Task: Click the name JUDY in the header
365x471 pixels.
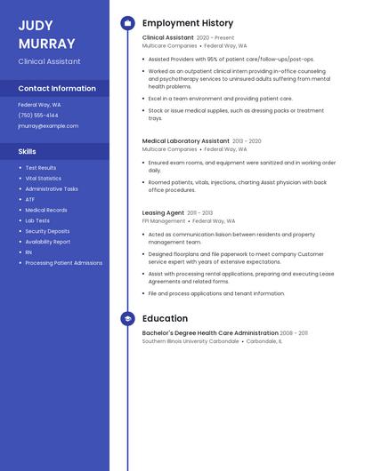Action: (x=36, y=26)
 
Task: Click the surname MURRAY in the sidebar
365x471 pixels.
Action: (x=45, y=43)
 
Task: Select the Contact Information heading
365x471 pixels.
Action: (x=57, y=89)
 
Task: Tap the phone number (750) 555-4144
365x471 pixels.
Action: (x=38, y=115)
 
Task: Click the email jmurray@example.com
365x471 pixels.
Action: (x=48, y=125)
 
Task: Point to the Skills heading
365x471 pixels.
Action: (x=27, y=151)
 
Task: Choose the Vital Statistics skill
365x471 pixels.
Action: (x=43, y=178)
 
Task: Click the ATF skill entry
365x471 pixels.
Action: (x=30, y=199)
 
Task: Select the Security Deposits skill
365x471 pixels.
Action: (x=47, y=231)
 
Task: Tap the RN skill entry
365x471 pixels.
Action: (x=28, y=252)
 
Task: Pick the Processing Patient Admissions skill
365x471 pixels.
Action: (x=63, y=263)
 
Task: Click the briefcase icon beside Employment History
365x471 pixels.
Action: (x=127, y=23)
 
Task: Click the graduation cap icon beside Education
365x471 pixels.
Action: (x=127, y=318)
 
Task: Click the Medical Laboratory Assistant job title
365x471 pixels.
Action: (x=186, y=140)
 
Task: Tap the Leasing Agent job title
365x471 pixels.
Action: (x=163, y=213)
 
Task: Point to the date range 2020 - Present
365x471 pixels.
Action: (x=215, y=38)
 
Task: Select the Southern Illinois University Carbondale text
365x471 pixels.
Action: (x=191, y=341)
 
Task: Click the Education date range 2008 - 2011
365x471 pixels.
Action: (x=294, y=333)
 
